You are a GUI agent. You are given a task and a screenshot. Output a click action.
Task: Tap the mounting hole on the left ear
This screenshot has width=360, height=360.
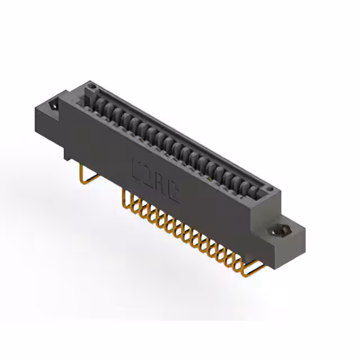[55, 105]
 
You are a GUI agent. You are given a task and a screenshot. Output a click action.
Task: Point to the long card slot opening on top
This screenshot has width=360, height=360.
[180, 141]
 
